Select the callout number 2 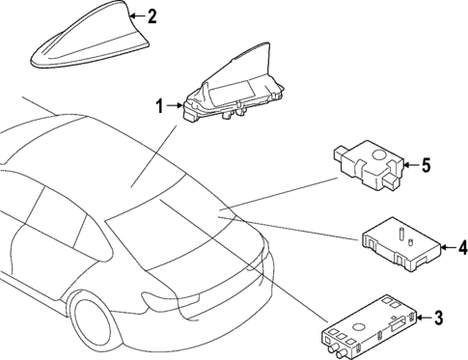150,15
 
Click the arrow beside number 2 134,15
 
